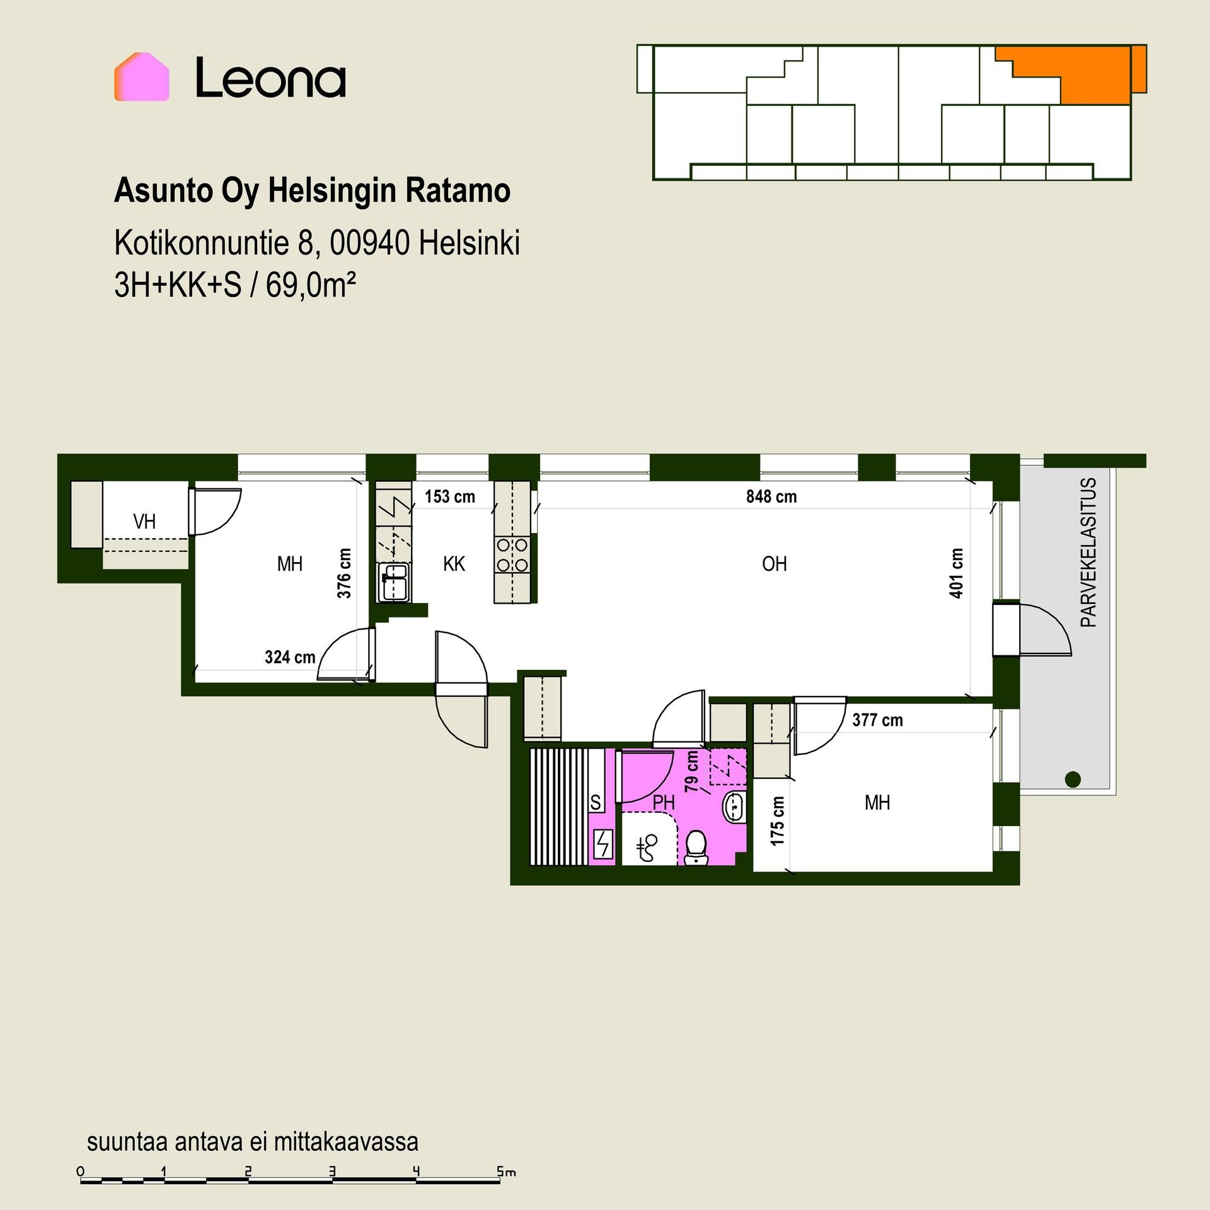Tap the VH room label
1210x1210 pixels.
click(x=144, y=521)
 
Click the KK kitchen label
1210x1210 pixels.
click(x=454, y=563)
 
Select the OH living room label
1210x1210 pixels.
click(x=774, y=563)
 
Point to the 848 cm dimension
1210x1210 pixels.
click(x=771, y=497)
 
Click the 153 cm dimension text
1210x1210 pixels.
click(x=449, y=497)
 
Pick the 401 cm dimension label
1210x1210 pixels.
click(x=956, y=573)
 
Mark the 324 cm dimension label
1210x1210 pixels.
click(x=290, y=657)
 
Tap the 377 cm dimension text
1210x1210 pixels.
click(x=877, y=720)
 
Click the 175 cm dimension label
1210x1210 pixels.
click(x=778, y=821)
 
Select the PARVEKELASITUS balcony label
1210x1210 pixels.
click(x=1088, y=553)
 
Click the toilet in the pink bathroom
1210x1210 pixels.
click(x=695, y=847)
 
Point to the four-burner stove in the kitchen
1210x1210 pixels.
click(x=512, y=555)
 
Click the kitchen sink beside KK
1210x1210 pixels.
click(x=394, y=582)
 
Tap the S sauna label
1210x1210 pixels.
click(x=596, y=802)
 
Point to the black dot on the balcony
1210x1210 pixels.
click(x=1073, y=779)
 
